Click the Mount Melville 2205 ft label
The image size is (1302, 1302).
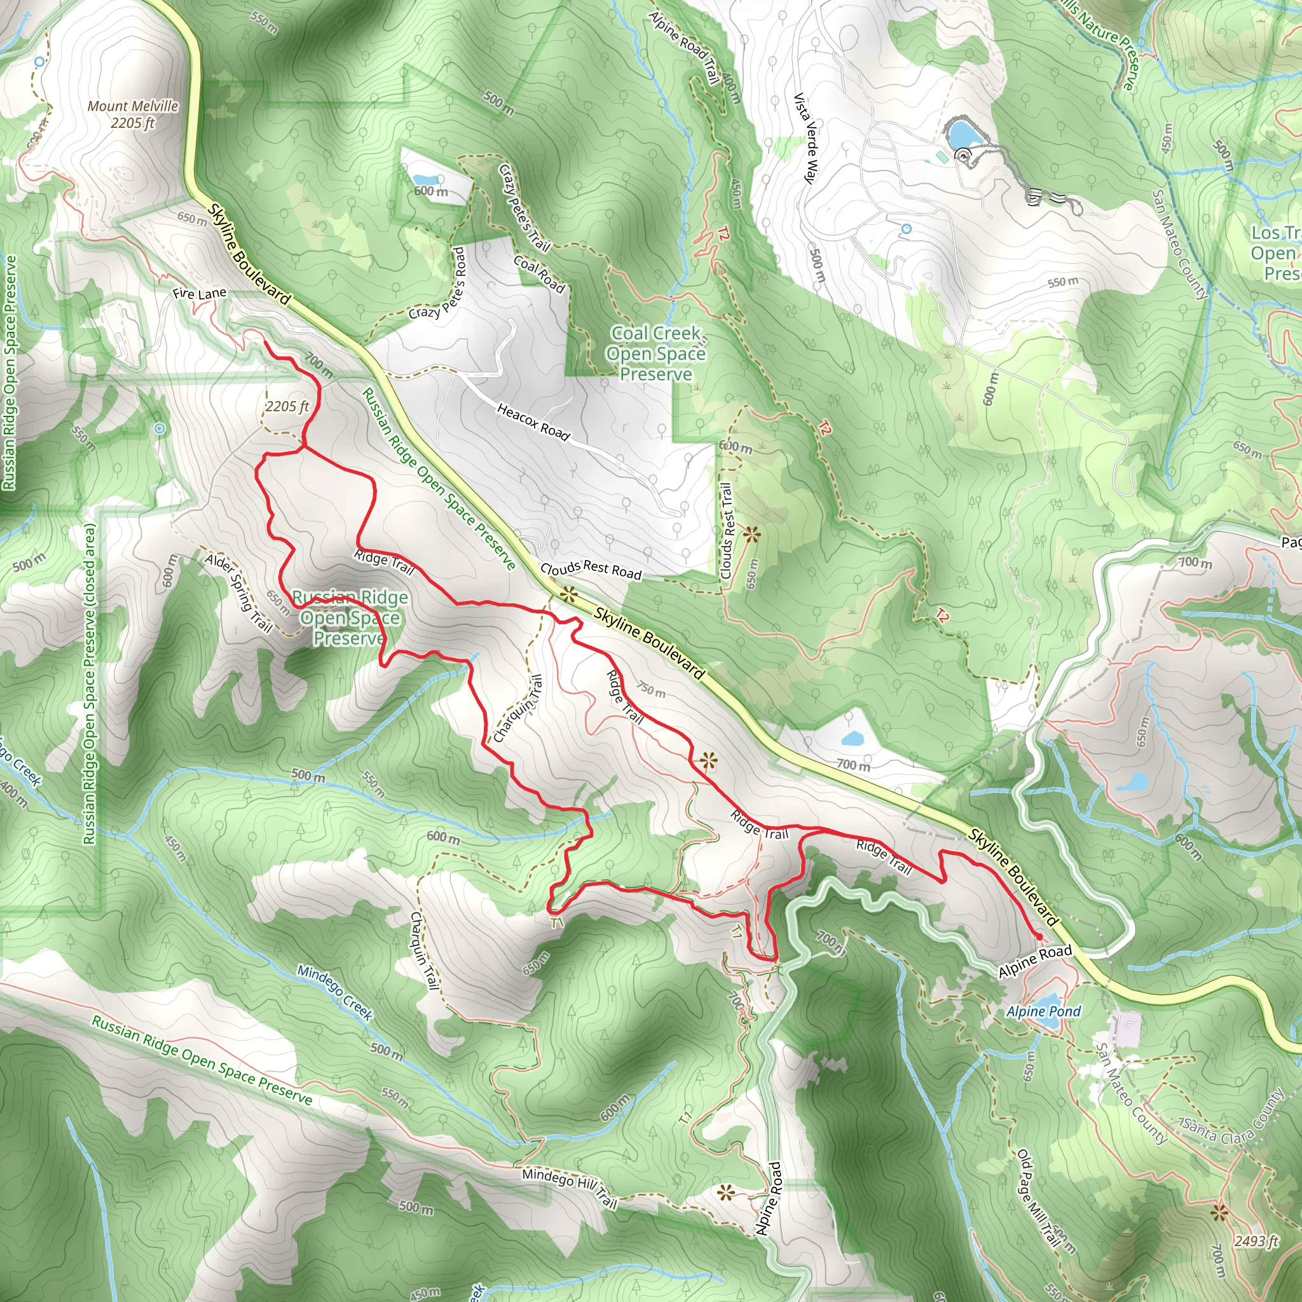(133, 114)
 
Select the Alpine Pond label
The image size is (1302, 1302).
(1043, 1011)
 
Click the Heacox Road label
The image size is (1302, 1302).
(533, 421)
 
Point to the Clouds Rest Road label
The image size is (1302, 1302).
(591, 570)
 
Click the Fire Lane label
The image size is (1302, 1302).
(200, 294)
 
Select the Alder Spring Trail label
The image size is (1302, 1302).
(238, 593)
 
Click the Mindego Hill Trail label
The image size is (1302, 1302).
(570, 1188)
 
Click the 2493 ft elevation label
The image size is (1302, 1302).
(1256, 1242)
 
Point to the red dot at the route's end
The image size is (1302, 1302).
(1039, 936)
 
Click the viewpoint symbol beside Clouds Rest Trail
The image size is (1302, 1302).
(751, 536)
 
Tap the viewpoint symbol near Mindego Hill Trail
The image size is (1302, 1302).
(725, 1194)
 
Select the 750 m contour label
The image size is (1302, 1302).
(651, 689)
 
